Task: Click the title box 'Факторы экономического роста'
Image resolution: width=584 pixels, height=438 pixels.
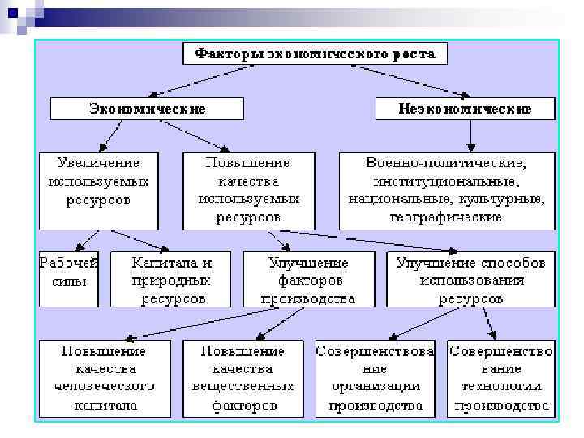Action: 314,54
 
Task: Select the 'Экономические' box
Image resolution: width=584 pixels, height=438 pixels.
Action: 147,108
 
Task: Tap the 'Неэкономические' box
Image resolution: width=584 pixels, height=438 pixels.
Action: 466,108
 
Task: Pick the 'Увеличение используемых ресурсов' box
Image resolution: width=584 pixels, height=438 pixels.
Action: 98,189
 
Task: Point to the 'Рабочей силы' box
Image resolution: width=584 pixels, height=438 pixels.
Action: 69,277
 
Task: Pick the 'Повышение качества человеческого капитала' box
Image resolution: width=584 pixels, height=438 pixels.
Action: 105,378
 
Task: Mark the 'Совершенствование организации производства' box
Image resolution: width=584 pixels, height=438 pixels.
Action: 376,378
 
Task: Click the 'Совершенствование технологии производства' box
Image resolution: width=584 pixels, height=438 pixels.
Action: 500,378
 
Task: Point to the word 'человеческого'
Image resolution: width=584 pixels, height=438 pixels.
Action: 105,386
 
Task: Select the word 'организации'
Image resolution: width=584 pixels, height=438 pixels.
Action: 375,386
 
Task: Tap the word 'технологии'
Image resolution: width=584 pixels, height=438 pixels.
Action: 501,386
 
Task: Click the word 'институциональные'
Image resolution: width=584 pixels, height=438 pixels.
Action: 446,180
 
